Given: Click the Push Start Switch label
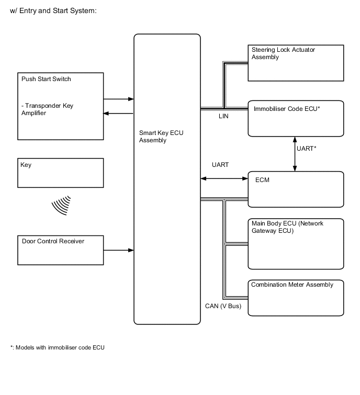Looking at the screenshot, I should (x=46, y=79).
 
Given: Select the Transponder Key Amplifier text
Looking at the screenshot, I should (x=48, y=109).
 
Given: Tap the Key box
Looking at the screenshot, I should (x=60, y=173).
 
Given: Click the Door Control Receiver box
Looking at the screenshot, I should (x=60, y=250).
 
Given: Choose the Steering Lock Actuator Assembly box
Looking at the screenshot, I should (x=296, y=63).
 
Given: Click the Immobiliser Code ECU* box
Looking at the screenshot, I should (x=296, y=118).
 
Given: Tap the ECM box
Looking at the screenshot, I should (x=296, y=189).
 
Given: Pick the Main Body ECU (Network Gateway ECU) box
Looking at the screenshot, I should (x=296, y=243).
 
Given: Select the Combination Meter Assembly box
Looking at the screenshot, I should (x=296, y=298).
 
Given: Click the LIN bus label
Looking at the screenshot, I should (x=223, y=116).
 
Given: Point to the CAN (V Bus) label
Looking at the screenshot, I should (x=223, y=306).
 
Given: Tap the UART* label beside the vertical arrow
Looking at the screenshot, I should (x=306, y=149).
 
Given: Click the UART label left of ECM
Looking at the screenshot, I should (x=220, y=165).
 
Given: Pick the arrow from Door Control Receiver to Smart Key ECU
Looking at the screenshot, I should (x=119, y=250).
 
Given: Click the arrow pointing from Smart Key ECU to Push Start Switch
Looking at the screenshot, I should (x=119, y=113).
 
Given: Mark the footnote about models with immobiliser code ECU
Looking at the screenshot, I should (x=58, y=347).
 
